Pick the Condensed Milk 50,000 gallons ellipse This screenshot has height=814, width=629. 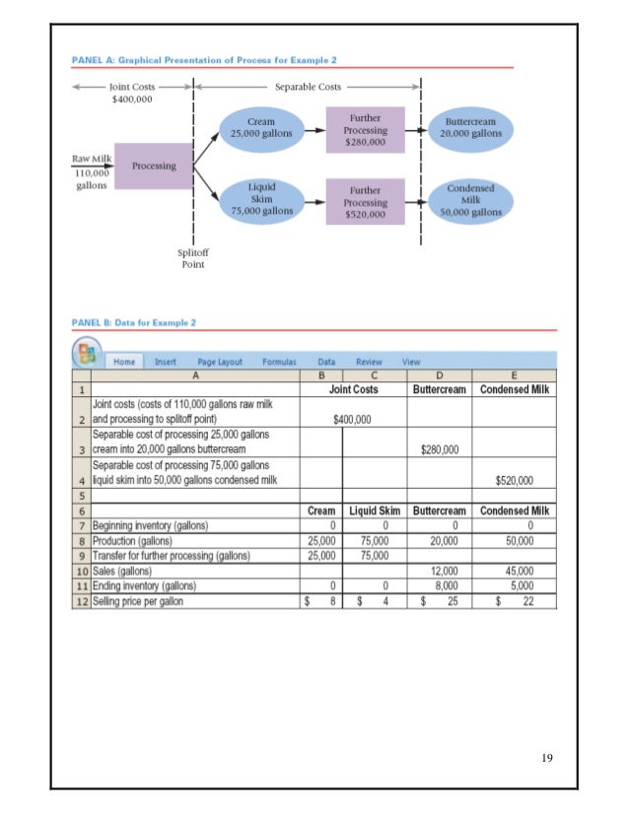point(471,199)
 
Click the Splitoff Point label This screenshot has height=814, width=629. point(193,259)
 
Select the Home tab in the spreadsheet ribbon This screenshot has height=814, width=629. point(124,362)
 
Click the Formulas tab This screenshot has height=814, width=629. point(279,362)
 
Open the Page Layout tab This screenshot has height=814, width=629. point(219,362)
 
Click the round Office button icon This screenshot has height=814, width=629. point(85,354)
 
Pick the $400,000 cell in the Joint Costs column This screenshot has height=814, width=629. point(352,418)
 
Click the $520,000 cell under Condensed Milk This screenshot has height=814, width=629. point(514,481)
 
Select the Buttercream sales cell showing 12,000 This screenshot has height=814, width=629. point(441,570)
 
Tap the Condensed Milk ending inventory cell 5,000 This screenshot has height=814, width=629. point(514,585)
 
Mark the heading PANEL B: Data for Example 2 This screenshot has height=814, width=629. point(134,322)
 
